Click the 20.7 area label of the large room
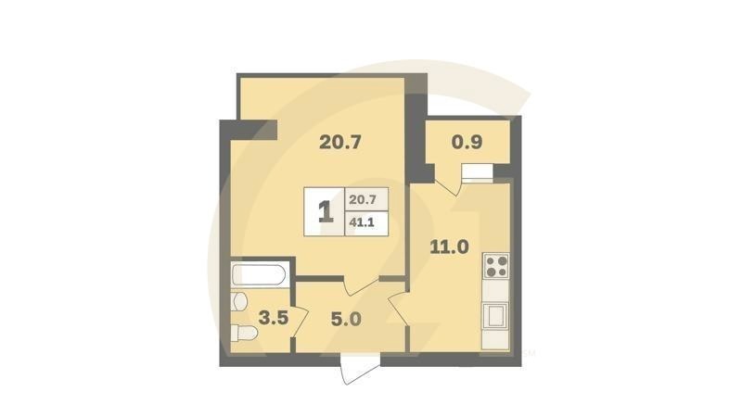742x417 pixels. point(339,143)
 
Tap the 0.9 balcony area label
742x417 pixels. point(467,144)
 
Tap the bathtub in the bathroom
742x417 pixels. point(261,273)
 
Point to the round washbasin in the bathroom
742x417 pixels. point(240,301)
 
